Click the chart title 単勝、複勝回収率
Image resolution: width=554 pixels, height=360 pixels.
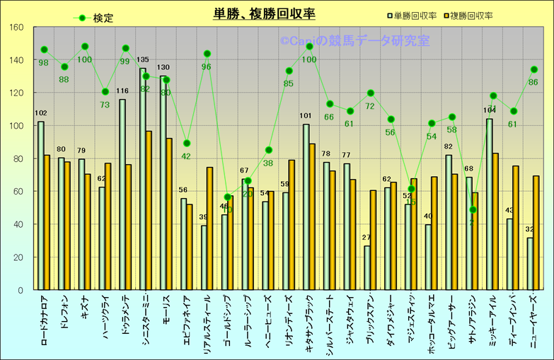pyautogui.click(x=265, y=14)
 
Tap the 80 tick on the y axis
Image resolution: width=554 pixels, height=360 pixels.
pyautogui.click(x=18, y=158)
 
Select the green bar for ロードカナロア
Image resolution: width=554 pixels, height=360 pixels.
pyautogui.click(x=40, y=205)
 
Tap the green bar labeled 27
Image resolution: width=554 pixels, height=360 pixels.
pyautogui.click(x=367, y=267)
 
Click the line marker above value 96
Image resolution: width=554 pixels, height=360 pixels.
pyautogui.click(x=207, y=54)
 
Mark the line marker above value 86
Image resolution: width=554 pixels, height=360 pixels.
pyautogui.click(x=534, y=69)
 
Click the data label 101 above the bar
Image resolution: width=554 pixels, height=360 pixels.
pyautogui.click(x=306, y=116)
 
